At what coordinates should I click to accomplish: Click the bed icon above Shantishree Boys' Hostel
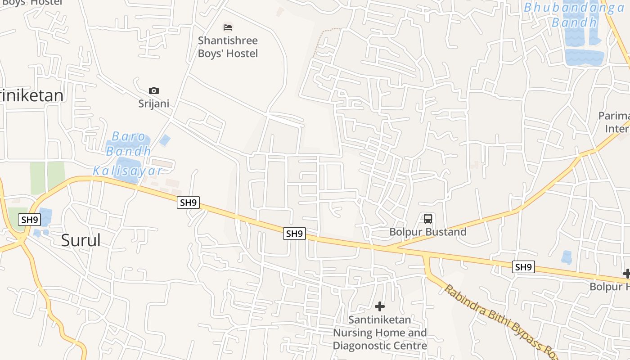228,27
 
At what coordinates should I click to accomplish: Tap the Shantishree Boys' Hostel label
228,47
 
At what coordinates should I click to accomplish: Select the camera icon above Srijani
154,91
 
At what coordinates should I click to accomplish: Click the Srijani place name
154,103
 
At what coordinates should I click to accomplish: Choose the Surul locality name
81,241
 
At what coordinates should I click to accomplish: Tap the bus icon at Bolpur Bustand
427,219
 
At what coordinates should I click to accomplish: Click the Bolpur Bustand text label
427,232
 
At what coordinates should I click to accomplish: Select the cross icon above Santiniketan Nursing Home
380,307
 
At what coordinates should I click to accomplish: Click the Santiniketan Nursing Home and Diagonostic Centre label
380,333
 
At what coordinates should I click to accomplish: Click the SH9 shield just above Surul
30,220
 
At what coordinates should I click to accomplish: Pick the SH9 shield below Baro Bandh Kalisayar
188,202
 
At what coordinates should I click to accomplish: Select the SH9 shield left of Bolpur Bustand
294,234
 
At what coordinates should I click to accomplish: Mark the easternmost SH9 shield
523,267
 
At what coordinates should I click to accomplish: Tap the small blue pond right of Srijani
165,140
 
